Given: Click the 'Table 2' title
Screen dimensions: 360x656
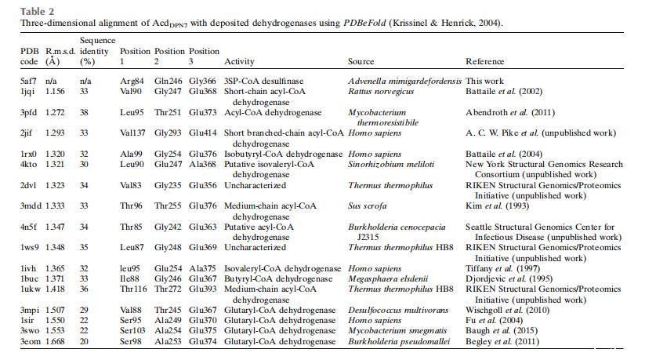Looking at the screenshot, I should point(34,11).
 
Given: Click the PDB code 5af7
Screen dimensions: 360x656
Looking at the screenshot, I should point(30,81).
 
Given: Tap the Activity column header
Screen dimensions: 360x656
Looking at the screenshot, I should point(240,61).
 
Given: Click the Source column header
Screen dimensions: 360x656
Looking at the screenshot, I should point(361,61).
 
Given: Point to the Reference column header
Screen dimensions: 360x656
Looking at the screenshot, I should point(485,61).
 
